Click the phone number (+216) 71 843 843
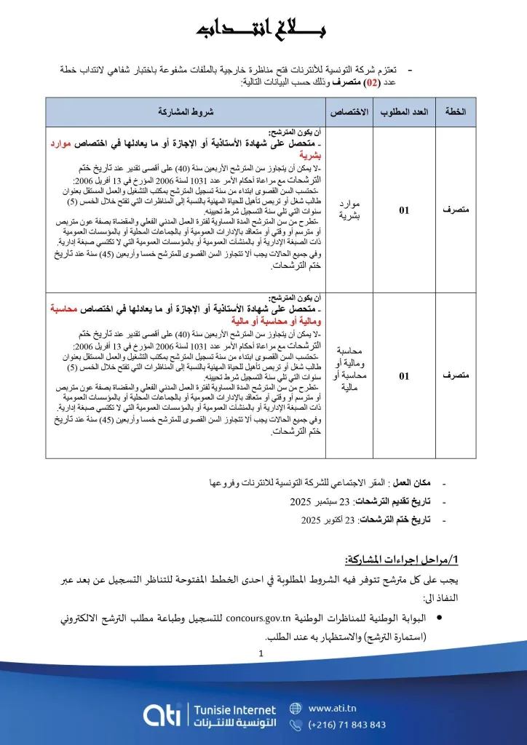(347, 725)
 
